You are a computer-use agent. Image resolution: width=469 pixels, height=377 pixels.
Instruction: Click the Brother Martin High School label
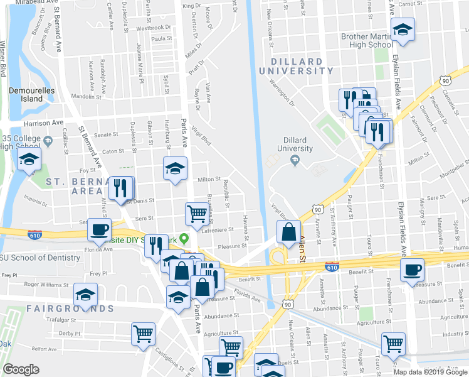coord(367,41)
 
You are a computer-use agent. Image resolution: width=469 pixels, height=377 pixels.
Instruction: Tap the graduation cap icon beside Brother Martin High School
coord(402,30)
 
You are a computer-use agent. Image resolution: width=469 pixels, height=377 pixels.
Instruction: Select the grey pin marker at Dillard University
coord(294,161)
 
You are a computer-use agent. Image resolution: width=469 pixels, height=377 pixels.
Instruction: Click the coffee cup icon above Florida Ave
coord(99,229)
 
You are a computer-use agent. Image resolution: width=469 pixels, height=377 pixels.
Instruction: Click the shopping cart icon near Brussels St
coord(197,214)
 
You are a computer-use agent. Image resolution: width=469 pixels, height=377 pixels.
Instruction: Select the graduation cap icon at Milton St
coord(176,168)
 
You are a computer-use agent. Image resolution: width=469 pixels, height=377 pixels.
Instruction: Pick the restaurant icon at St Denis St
coord(120,187)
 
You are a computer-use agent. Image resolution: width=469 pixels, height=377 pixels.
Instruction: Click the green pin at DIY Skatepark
coord(184,239)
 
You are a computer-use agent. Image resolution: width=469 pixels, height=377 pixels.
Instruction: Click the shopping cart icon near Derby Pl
coord(143,334)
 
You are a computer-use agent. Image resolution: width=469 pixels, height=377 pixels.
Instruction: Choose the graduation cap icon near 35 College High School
coord(29,160)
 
